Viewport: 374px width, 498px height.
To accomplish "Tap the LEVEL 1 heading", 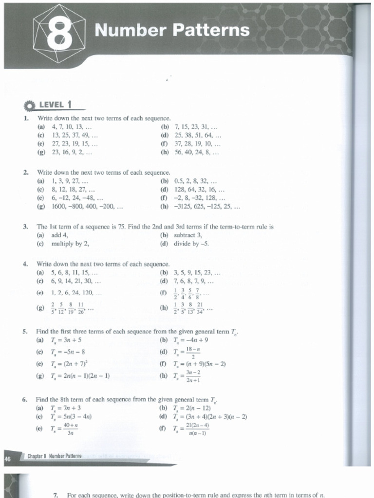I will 56,104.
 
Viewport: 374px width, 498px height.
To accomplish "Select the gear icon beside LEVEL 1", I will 30,106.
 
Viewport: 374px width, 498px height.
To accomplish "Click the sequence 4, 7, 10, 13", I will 71,127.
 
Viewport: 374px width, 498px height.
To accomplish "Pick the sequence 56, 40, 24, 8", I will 197,152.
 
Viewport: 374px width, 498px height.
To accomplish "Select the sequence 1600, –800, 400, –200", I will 87,206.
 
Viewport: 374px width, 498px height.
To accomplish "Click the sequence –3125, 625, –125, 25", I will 207,206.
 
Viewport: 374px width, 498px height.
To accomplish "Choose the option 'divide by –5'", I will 191,244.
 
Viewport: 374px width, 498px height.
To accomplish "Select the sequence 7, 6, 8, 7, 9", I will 194,281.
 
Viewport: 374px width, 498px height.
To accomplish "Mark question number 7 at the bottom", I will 56,495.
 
